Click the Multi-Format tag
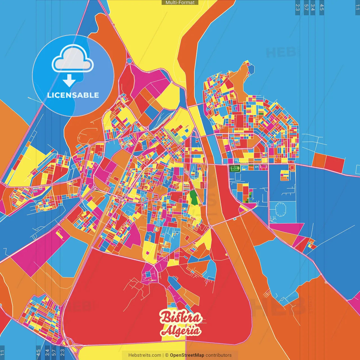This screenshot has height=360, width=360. (180, 3)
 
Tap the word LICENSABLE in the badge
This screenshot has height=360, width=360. (73, 95)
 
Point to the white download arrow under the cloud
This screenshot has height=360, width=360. (69, 80)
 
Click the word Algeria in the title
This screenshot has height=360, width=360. (181, 331)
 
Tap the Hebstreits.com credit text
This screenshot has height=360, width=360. (145, 355)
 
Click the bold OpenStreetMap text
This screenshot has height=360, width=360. (187, 355)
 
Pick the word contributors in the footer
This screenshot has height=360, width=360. (219, 355)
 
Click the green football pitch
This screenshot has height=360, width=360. (235, 169)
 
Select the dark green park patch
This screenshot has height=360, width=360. (193, 197)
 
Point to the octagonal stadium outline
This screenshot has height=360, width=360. (280, 210)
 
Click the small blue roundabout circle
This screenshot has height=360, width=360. (129, 61)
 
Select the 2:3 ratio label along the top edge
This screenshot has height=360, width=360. (298, 7)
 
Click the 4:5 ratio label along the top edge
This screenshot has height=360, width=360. (322, 7)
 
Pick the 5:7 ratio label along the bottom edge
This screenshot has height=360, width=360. (54, 352)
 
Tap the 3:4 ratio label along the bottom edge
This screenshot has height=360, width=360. (47, 352)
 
